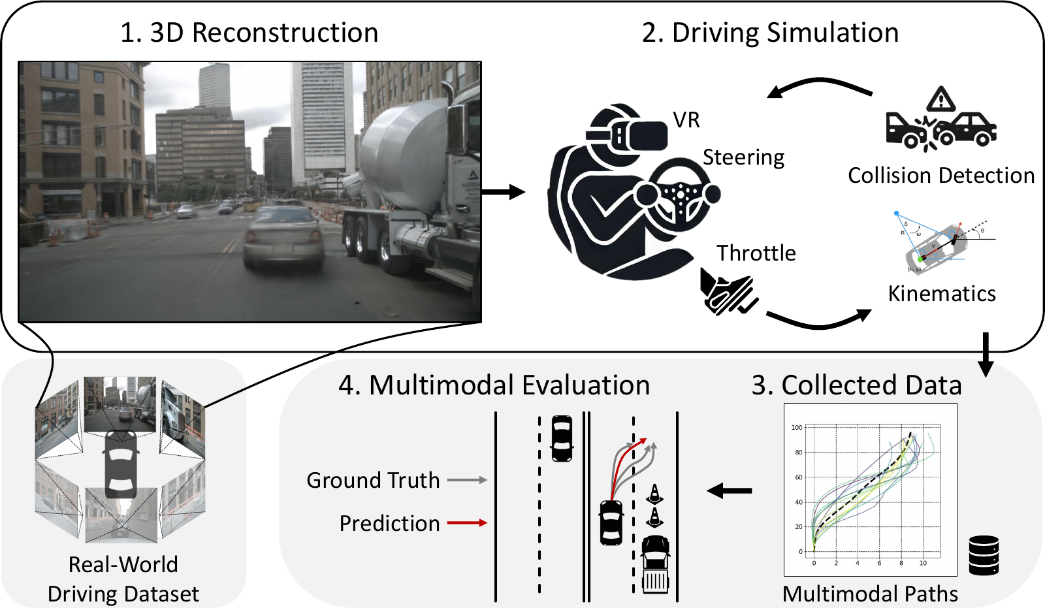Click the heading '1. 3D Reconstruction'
click(x=249, y=33)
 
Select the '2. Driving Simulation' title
click(x=770, y=33)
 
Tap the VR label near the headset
click(x=686, y=120)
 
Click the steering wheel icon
click(x=681, y=193)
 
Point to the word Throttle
click(x=756, y=253)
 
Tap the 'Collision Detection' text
click(x=941, y=176)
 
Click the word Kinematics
click(x=942, y=294)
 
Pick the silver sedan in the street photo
click(x=283, y=238)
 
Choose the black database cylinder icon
click(x=984, y=555)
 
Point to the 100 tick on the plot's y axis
click(x=797, y=428)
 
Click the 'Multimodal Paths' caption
click(x=870, y=594)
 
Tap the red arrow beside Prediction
click(x=467, y=523)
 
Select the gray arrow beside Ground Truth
click(x=467, y=480)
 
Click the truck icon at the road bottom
click(x=656, y=564)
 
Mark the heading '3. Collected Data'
click(x=856, y=385)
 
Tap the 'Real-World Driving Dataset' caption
click(x=123, y=579)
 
